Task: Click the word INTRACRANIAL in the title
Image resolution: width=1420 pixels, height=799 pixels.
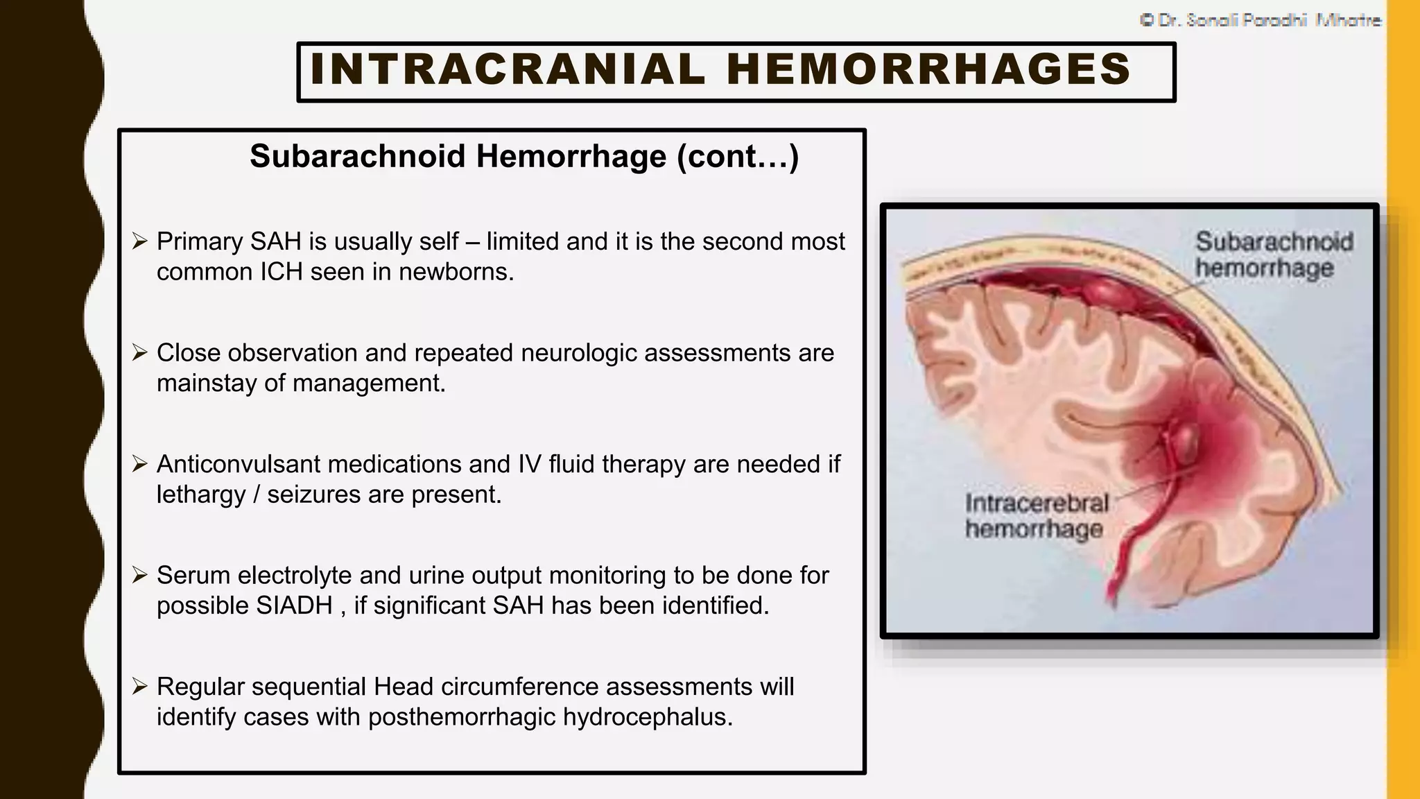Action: [x=508, y=69]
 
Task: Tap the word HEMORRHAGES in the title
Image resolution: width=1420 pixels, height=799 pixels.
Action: [x=929, y=69]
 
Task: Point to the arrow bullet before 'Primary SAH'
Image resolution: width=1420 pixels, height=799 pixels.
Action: [x=140, y=241]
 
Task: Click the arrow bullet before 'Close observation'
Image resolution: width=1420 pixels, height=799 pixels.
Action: [x=140, y=353]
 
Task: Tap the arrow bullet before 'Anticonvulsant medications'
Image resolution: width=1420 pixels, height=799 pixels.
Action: [x=140, y=464]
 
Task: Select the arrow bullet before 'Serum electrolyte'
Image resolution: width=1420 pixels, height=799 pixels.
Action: [x=140, y=575]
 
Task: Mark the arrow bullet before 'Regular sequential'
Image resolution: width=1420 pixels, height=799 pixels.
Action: [x=140, y=687]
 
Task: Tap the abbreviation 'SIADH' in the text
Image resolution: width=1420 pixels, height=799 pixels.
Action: [x=295, y=605]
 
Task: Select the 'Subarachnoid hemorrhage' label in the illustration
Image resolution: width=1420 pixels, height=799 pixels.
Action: [x=1273, y=255]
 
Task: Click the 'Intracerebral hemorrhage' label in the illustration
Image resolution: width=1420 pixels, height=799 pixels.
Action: [x=1037, y=516]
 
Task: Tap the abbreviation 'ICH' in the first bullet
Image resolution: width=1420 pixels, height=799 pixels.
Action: [x=282, y=272]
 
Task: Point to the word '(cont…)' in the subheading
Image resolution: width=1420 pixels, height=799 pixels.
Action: [x=738, y=156]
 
